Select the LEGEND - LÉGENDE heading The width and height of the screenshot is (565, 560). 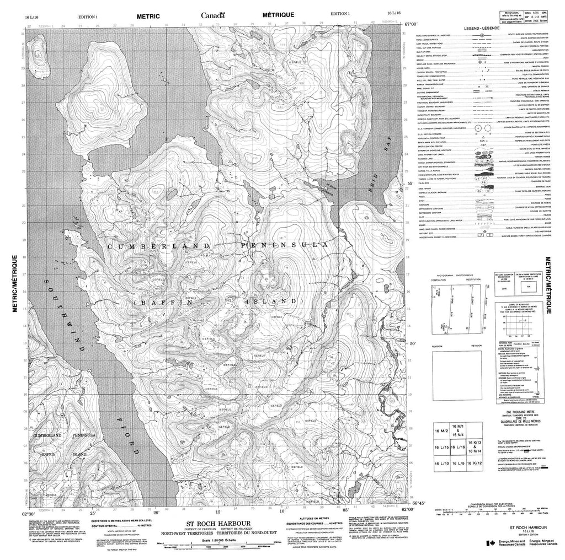[483, 28]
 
